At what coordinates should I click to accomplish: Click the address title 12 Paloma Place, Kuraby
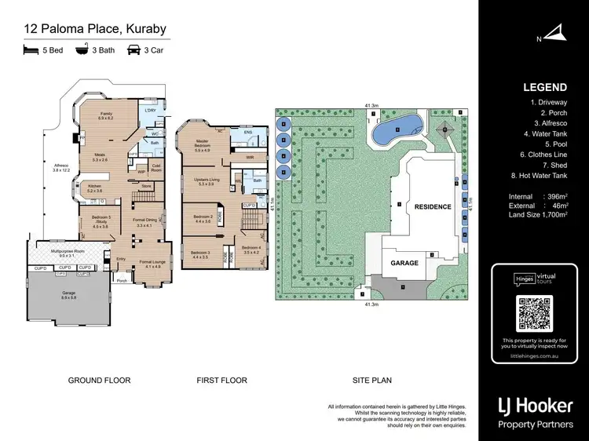pos(95,30)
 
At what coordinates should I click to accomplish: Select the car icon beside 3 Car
pos(134,50)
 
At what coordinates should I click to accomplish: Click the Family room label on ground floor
pos(106,115)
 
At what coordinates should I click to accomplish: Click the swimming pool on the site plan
pos(397,130)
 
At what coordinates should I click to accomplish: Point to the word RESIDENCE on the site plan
pos(433,207)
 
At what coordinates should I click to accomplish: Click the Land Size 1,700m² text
pos(538,214)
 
